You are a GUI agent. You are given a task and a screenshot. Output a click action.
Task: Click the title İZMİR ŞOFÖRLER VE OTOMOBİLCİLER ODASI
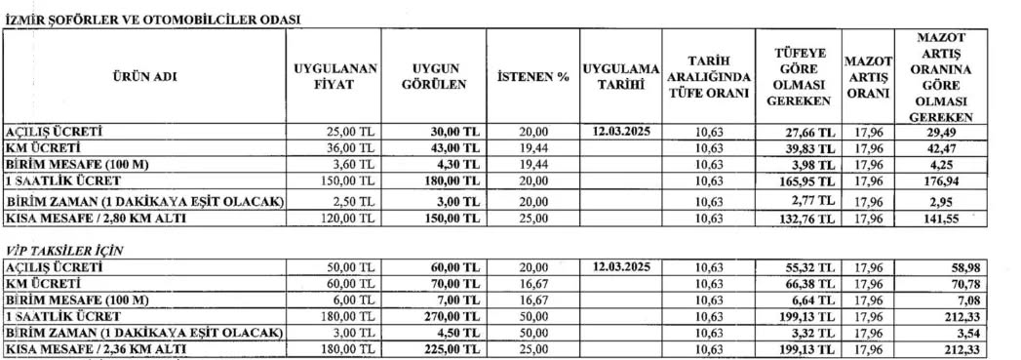coord(152,19)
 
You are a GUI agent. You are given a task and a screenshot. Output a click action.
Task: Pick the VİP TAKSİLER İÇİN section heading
coord(65,251)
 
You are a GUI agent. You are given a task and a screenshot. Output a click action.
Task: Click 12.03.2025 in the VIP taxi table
coord(620,267)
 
